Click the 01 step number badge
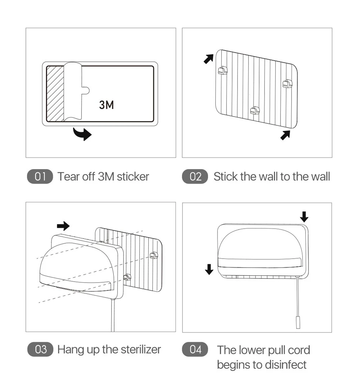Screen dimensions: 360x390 pos(40,177)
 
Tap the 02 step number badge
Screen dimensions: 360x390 pos(195,177)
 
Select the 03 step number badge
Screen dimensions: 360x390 pos(40,349)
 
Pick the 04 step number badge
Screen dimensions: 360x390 pos(195,349)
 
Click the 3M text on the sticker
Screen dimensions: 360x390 pos(106,105)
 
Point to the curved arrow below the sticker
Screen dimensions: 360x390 pos(82,134)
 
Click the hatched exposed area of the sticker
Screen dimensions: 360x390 pos(55,93)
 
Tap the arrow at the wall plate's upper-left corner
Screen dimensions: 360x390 pos(208,58)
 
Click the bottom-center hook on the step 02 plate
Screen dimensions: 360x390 pos(255,110)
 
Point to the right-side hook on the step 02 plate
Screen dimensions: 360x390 pos(287,84)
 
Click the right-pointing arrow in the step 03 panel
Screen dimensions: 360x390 pos(63,226)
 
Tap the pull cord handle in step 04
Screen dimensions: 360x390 pos(297,322)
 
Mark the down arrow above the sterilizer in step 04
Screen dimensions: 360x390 pos(304,217)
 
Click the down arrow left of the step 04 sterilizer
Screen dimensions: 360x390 pos(209,269)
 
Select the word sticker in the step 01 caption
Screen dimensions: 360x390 pos(133,177)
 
